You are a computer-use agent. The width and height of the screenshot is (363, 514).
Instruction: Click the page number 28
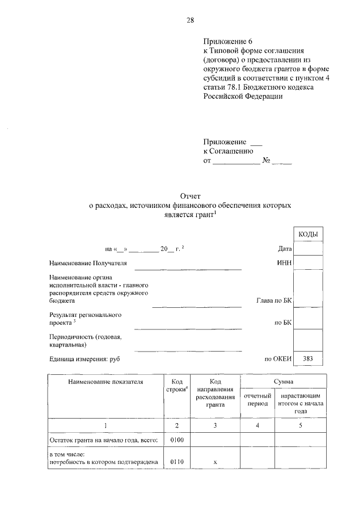190,20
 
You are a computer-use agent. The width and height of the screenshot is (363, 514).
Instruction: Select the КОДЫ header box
308,235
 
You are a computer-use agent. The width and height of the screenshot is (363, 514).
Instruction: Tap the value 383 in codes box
308,358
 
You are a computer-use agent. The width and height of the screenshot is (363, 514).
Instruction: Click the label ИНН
284,264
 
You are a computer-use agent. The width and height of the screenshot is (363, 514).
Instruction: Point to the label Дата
285,249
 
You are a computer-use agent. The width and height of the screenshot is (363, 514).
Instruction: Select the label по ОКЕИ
278,358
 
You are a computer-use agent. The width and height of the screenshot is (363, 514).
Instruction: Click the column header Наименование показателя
105,382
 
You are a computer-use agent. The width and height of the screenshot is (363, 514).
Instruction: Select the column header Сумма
284,382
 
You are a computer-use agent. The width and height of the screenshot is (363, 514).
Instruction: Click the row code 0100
177,440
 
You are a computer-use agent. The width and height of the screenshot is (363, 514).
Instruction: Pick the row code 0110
177,463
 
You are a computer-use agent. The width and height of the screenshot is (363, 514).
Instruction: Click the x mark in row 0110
215,463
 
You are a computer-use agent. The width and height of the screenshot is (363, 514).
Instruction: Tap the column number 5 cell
301,425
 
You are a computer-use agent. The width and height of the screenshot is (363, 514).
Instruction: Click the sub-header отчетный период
257,399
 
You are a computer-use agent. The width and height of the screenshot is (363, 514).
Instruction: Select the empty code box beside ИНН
308,264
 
